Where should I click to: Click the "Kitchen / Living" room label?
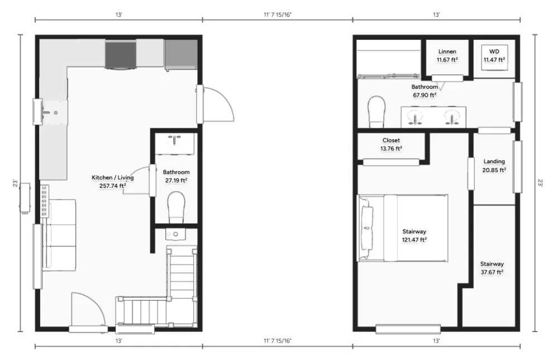(x=112, y=178)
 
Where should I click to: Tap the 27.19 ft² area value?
(x=176, y=181)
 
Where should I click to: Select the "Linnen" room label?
(x=447, y=51)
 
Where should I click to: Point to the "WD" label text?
(x=494, y=51)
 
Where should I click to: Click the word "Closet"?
(x=391, y=140)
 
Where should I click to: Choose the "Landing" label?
(x=494, y=162)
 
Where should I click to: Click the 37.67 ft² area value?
(x=492, y=272)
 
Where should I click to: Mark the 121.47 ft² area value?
(x=414, y=240)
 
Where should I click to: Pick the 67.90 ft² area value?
(x=425, y=95)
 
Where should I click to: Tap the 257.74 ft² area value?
(x=112, y=186)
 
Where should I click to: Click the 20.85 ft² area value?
(x=494, y=170)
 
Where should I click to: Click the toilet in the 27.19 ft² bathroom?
(x=176, y=207)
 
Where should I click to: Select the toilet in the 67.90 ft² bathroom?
(x=376, y=112)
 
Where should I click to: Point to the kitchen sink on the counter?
(x=51, y=112)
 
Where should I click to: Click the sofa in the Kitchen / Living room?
(x=59, y=235)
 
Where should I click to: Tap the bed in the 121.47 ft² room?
(x=403, y=228)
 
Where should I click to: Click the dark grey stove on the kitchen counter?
(x=121, y=55)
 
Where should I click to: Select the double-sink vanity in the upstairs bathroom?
(x=433, y=117)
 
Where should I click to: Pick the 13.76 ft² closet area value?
(x=391, y=149)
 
